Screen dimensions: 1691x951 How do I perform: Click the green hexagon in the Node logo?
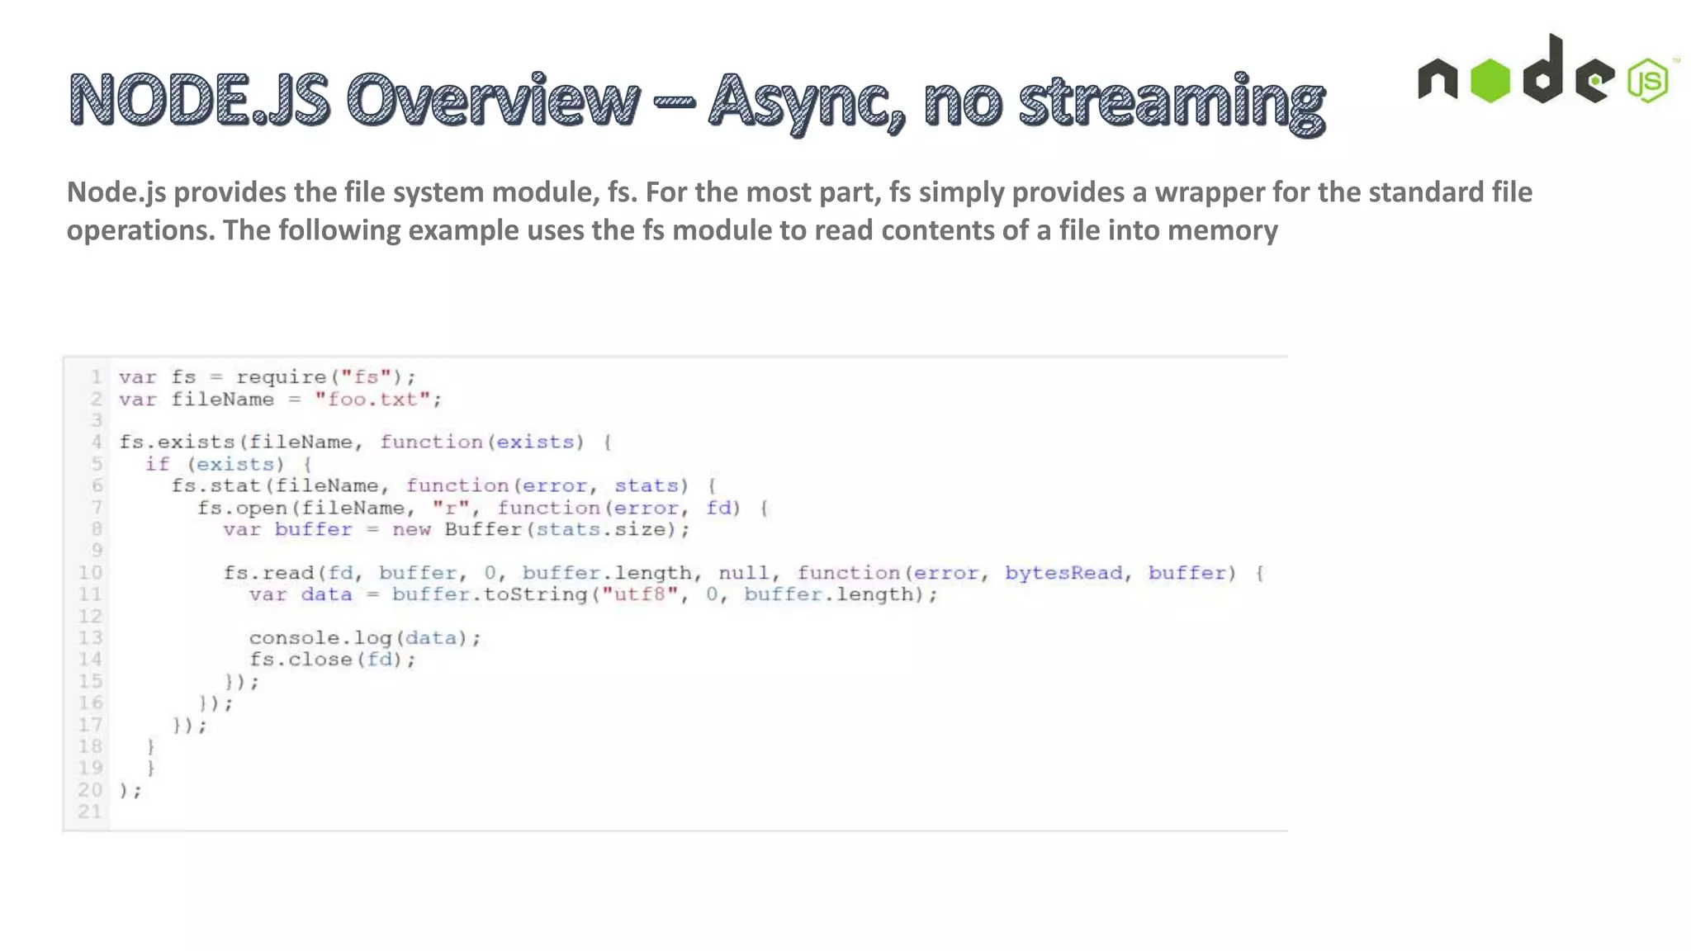point(1490,81)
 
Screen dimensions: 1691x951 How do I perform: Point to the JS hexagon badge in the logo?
point(1648,81)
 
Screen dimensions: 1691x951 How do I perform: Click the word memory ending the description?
point(1223,230)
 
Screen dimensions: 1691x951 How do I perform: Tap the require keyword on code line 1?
point(282,377)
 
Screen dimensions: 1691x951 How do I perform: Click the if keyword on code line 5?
point(157,464)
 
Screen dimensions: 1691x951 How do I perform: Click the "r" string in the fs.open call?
point(451,508)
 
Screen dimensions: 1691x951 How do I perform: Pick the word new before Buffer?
point(411,529)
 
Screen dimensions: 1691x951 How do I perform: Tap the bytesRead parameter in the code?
point(1063,573)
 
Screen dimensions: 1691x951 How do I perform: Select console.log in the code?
point(320,638)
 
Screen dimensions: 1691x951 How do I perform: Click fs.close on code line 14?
point(301,660)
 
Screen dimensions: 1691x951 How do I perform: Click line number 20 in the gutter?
point(90,790)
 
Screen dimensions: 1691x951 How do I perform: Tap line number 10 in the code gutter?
point(90,573)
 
